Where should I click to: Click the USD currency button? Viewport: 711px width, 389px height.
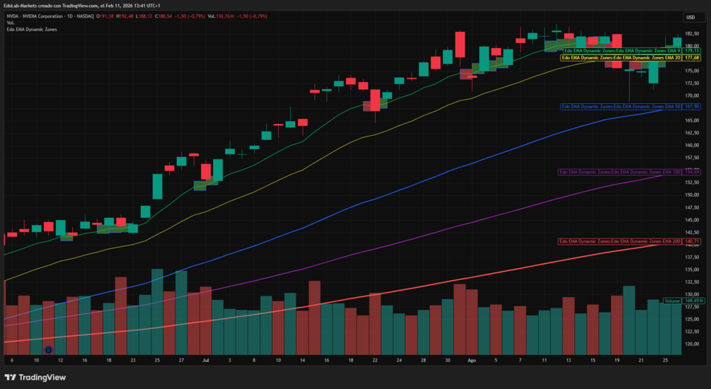[x=690, y=17]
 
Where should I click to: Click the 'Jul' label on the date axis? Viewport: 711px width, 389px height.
[x=205, y=360]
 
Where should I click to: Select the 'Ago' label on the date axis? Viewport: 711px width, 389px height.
[x=472, y=360]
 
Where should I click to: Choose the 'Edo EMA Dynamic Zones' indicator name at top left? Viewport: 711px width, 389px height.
[x=32, y=29]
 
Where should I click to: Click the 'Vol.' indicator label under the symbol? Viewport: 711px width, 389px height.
[x=11, y=23]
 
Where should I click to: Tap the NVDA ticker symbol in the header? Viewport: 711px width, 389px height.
[x=13, y=16]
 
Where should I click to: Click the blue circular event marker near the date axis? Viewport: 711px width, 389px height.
[x=48, y=349]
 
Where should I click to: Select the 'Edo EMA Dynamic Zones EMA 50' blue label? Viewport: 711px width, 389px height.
[x=620, y=106]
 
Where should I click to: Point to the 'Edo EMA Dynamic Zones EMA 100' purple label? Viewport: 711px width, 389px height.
[x=619, y=172]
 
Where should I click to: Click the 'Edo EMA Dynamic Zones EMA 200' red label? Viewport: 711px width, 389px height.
[x=619, y=242]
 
